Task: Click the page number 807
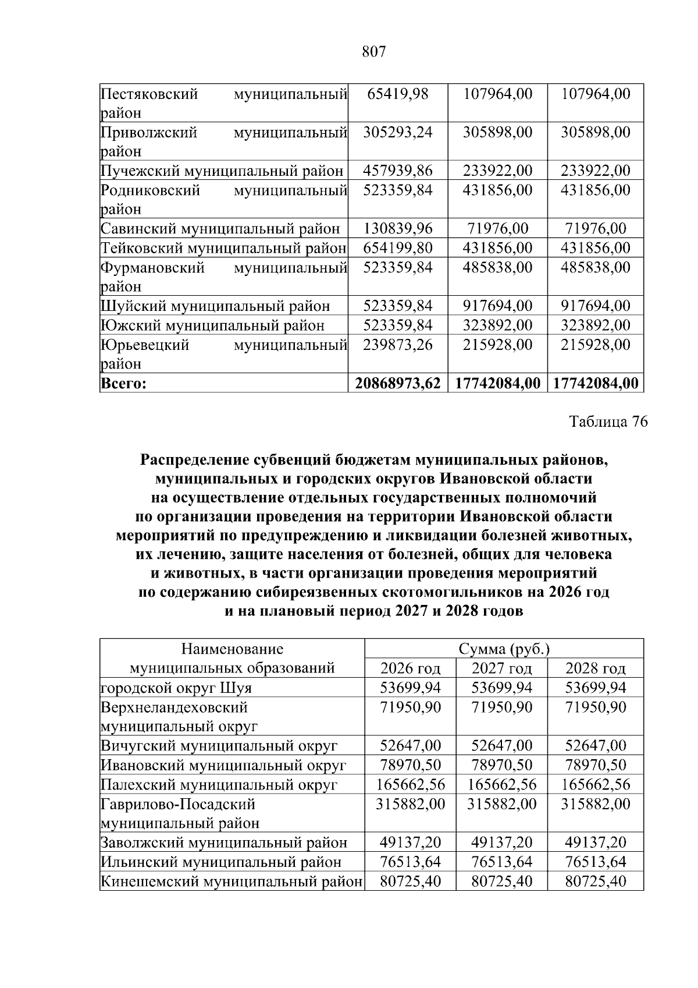click(374, 52)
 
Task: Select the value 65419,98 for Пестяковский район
click(398, 94)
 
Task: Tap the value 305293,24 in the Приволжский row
click(398, 132)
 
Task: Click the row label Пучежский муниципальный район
click(222, 171)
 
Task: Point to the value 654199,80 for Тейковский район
click(398, 248)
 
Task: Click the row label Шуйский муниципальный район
click(215, 306)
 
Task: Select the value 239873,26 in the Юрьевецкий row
click(398, 345)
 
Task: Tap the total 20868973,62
click(398, 384)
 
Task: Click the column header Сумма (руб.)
click(504, 649)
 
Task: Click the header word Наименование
click(232, 649)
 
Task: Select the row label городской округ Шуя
click(176, 688)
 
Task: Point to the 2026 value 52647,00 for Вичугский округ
click(410, 746)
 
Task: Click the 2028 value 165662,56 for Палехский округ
click(596, 785)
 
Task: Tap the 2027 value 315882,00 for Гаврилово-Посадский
click(501, 804)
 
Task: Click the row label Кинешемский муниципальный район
click(232, 881)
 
